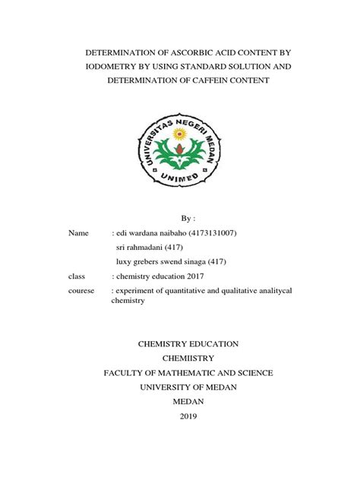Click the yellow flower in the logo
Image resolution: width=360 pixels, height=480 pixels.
tap(180, 137)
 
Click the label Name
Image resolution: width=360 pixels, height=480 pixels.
tap(78, 233)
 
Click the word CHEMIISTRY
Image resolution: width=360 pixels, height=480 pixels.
tap(179, 358)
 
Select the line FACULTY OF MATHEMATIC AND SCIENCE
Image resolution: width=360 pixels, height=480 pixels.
tap(179, 372)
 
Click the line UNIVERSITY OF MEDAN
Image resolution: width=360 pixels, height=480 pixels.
tap(179, 387)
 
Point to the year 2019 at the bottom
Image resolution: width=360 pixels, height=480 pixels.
tap(179, 416)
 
